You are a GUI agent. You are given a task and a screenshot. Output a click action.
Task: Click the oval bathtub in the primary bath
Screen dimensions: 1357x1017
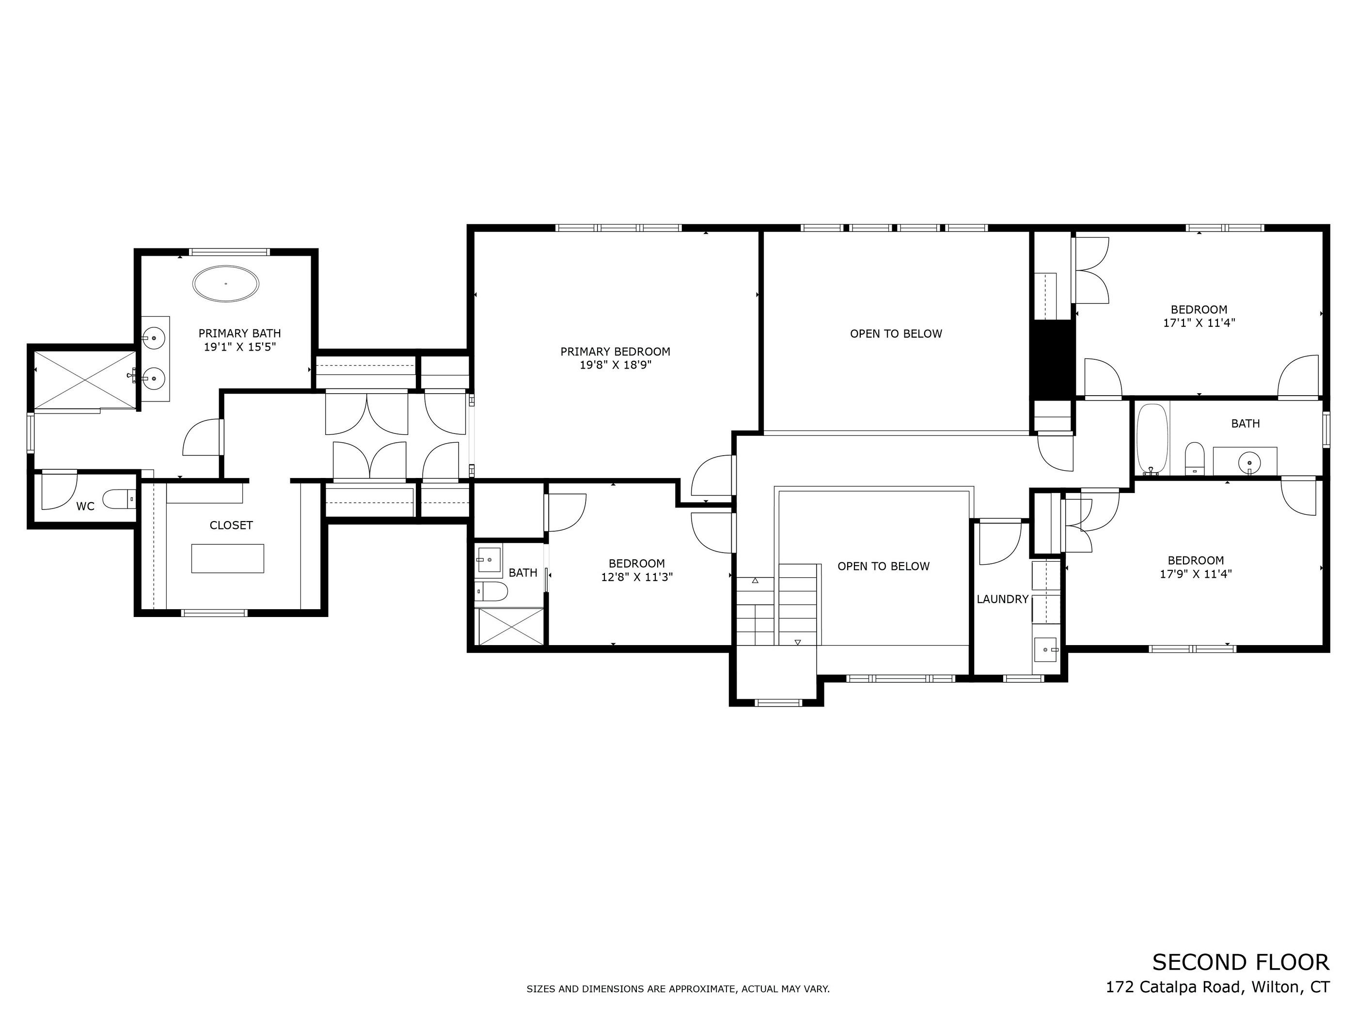point(226,284)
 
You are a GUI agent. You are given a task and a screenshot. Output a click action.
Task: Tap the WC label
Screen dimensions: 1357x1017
point(85,507)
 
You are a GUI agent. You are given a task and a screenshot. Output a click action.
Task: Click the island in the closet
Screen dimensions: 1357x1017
point(228,558)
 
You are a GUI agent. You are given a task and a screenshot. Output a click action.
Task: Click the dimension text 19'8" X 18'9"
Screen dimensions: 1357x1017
point(615,365)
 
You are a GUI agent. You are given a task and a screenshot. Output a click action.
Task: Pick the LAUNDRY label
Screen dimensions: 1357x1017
point(1002,599)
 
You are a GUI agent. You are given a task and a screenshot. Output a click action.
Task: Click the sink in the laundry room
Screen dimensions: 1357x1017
point(1046,649)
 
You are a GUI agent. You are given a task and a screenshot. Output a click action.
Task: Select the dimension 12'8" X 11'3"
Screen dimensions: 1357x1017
point(637,577)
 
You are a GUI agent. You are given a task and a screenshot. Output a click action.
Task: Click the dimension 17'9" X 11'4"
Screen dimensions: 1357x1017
point(1196,574)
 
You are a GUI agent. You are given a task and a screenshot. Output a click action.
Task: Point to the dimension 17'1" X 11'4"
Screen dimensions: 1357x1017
point(1199,323)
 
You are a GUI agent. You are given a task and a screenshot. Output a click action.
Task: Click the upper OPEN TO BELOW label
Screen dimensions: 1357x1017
point(896,334)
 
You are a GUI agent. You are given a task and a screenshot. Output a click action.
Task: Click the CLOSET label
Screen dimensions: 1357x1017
point(231,525)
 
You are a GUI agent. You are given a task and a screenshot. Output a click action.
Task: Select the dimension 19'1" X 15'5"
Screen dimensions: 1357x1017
point(240,347)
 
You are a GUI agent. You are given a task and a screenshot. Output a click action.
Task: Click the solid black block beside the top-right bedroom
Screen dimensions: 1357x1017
point(1052,358)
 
